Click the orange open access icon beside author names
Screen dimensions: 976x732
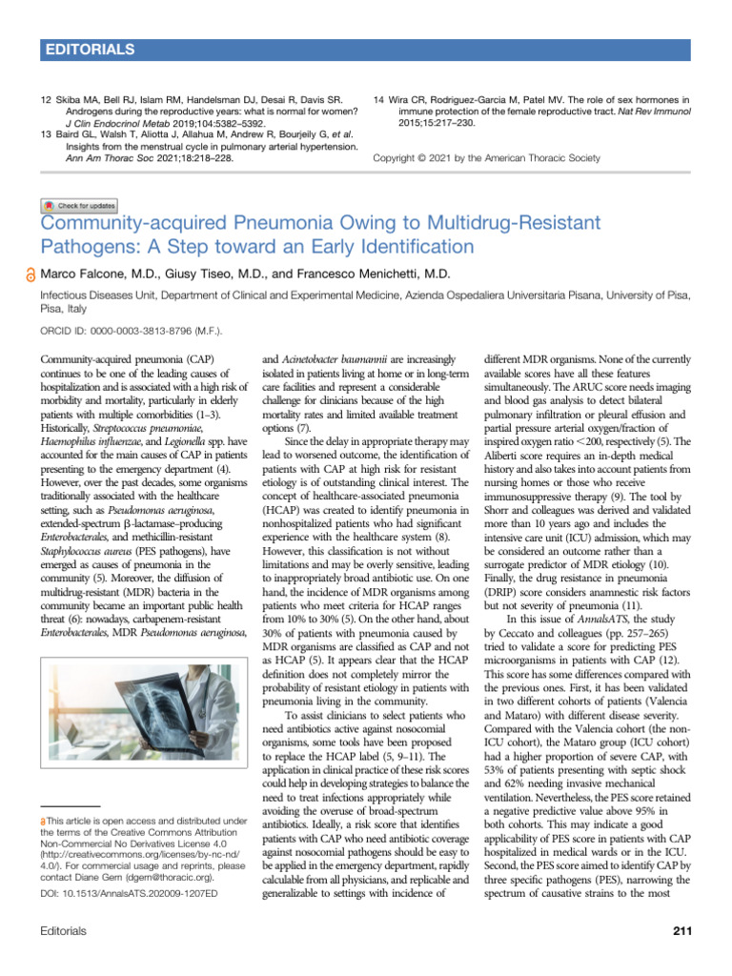[x=31, y=274]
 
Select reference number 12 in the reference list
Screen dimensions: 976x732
[x=47, y=99]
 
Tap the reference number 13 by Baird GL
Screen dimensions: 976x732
[x=47, y=134]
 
